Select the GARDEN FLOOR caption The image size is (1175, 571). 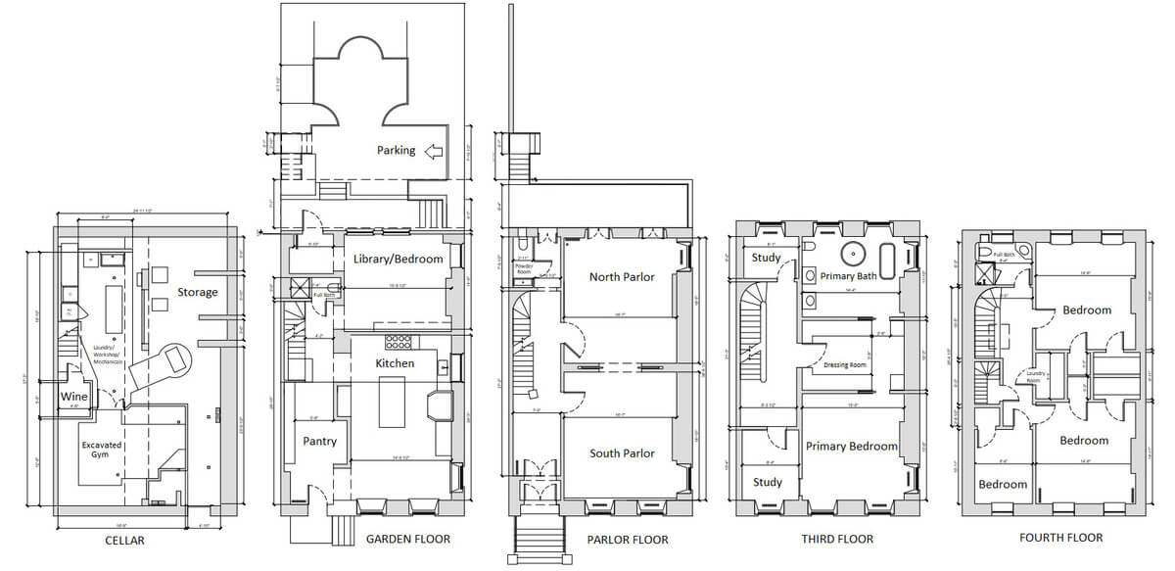407,539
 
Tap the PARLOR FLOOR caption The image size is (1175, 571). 627,540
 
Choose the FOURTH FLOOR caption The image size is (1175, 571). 1060,538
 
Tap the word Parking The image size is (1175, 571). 397,151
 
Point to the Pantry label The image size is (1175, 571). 319,441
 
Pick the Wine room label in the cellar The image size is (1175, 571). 74,397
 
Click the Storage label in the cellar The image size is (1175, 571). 198,292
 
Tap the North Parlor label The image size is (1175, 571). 621,277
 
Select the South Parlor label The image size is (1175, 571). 621,453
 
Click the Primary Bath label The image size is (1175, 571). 848,276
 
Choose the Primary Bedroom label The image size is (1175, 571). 851,446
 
